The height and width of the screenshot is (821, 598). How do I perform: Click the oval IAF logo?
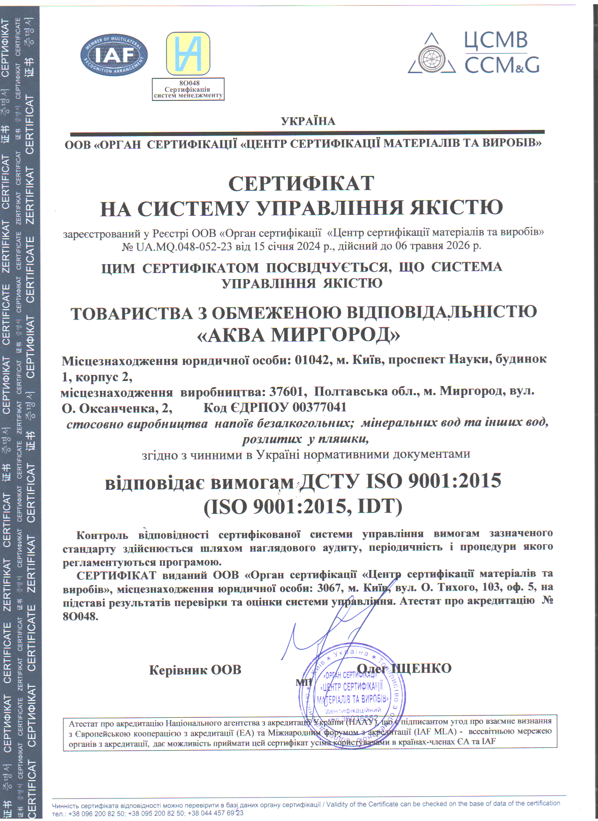point(114,55)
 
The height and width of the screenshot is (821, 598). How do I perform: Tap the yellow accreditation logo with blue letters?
point(188,53)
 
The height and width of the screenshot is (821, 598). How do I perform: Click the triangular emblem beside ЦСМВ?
point(431,54)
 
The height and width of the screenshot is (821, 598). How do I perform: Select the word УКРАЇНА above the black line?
point(308,122)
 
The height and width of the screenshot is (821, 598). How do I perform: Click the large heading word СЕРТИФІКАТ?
point(301,184)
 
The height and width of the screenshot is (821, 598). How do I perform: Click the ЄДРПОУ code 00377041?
point(319,407)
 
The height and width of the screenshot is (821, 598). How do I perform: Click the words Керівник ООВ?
point(195,670)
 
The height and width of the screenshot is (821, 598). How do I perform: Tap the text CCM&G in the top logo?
point(502,65)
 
